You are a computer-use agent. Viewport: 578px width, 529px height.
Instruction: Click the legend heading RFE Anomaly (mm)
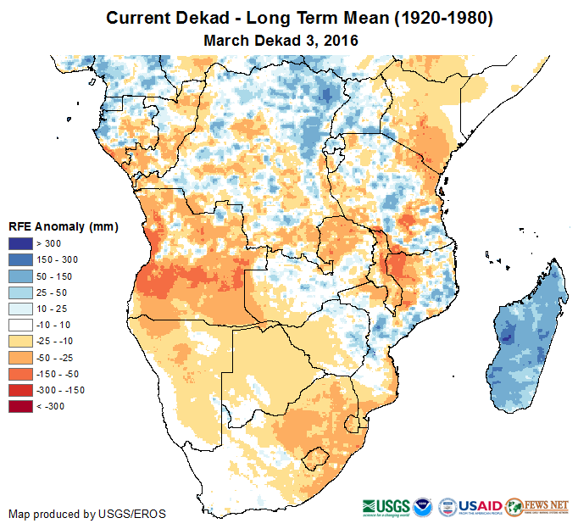point(63,227)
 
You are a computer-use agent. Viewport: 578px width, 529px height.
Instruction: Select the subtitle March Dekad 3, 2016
point(281,40)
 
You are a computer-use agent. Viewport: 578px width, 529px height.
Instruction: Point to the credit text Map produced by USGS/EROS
point(87,514)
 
